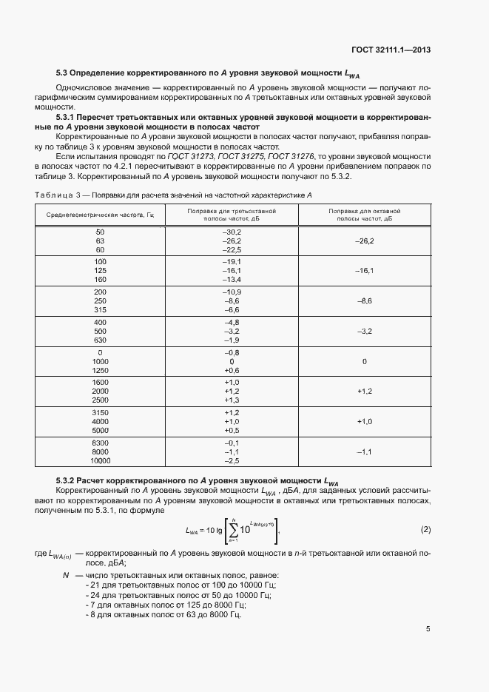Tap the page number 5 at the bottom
(428, 629)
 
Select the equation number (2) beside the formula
(425, 530)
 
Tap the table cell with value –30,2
(232, 232)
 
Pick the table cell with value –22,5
(232, 250)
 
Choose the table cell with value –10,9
(232, 292)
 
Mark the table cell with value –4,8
(232, 322)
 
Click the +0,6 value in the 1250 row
(232, 370)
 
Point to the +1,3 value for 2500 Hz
(232, 400)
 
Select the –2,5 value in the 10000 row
(232, 460)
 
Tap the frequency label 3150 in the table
(100, 412)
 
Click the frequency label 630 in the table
(100, 340)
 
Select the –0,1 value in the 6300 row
(232, 442)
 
